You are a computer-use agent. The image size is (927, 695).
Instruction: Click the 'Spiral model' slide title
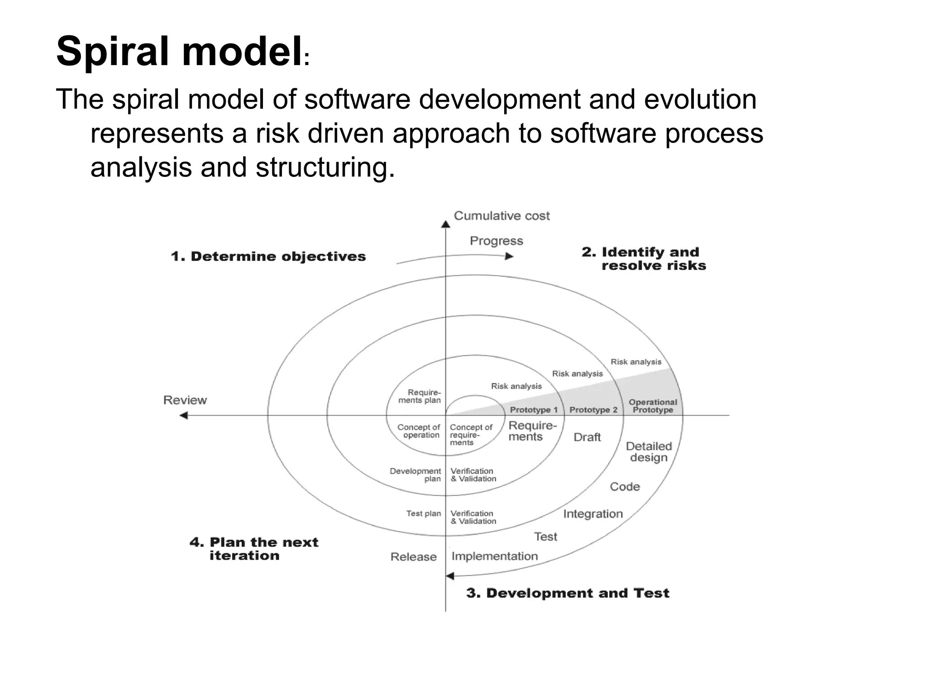[x=179, y=52]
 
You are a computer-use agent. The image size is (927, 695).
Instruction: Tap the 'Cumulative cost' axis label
[x=502, y=216]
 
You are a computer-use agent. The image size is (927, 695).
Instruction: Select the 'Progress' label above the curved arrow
[x=496, y=241]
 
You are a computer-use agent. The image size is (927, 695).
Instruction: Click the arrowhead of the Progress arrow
[x=509, y=256]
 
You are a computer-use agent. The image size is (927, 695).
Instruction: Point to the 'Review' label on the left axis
[x=185, y=400]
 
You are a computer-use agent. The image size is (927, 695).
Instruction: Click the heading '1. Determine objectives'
[x=268, y=257]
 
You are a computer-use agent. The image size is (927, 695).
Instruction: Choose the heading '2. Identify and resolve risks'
[x=644, y=258]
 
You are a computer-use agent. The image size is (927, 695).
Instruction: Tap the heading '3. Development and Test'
[x=567, y=593]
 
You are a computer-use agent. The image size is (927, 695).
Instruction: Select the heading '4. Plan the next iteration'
[x=253, y=549]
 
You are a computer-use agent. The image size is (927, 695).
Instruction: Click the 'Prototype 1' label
[x=534, y=410]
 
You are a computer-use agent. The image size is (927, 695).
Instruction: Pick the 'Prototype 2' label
[x=593, y=410]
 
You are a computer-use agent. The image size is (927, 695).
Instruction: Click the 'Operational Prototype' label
[x=653, y=406]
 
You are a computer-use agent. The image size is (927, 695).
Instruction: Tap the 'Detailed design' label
[x=649, y=452]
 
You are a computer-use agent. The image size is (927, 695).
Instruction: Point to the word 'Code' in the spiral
[x=625, y=487]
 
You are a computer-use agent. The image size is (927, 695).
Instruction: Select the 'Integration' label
[x=593, y=514]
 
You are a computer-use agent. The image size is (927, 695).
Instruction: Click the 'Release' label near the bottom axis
[x=413, y=557]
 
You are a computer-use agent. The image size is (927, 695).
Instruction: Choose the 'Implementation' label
[x=494, y=557]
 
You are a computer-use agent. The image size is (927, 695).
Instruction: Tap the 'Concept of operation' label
[x=419, y=431]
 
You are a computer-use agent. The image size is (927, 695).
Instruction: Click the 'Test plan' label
[x=423, y=514]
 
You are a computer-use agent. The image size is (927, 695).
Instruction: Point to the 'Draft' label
[x=587, y=437]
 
